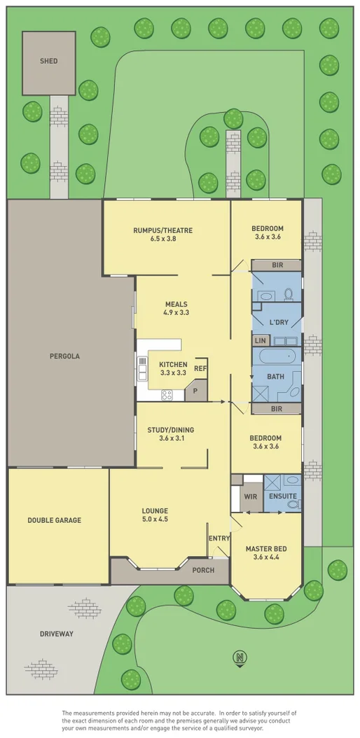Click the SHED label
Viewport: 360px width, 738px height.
pyautogui.click(x=48, y=61)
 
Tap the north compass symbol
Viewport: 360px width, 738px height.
pyautogui.click(x=240, y=657)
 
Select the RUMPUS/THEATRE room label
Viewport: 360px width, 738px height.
pyautogui.click(x=162, y=230)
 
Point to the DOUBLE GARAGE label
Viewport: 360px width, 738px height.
pyautogui.click(x=54, y=520)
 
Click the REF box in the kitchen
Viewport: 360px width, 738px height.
pyautogui.click(x=200, y=368)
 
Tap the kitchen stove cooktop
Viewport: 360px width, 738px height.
pyautogui.click(x=167, y=395)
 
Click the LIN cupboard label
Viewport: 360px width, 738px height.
pyautogui.click(x=260, y=340)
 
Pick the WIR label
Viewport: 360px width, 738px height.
pyautogui.click(x=249, y=496)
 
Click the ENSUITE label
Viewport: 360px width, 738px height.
pyautogui.click(x=284, y=496)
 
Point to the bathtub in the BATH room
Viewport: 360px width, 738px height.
pyautogui.click(x=277, y=357)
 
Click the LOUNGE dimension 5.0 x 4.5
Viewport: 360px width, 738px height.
pyautogui.click(x=155, y=520)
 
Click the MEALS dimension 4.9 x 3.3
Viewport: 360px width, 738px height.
pyautogui.click(x=176, y=313)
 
